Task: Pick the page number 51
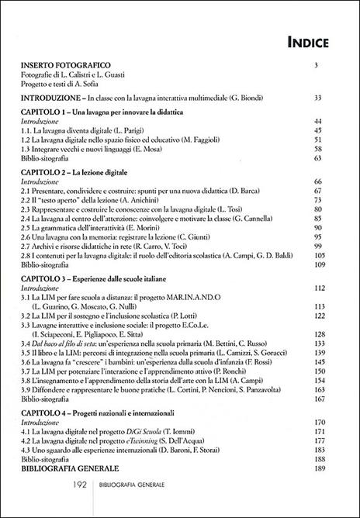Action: click(337, 140)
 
